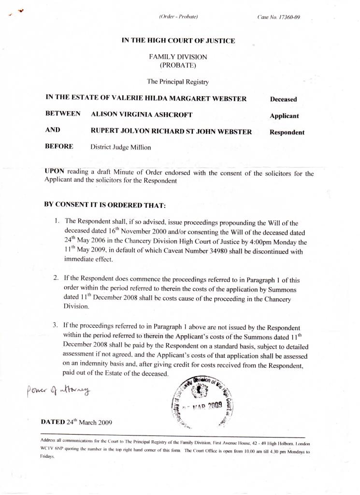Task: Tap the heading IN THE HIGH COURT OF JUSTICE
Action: [x=178, y=41]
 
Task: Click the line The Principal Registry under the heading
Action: [x=178, y=82]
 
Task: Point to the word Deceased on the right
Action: [x=283, y=100]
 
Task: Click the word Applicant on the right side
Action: [x=284, y=116]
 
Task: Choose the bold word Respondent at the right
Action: [x=287, y=132]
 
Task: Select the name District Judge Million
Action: [x=121, y=147]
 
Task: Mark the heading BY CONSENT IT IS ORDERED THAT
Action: [x=105, y=204]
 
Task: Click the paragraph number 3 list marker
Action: [x=56, y=324]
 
